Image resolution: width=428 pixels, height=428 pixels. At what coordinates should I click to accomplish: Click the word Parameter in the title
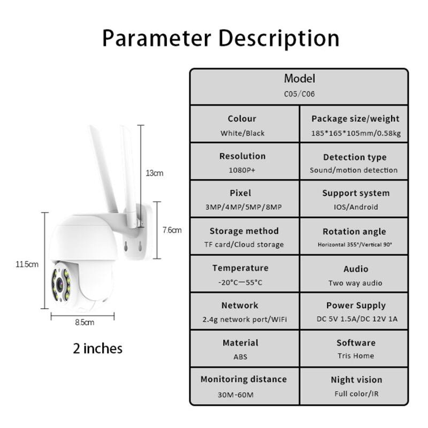(157, 38)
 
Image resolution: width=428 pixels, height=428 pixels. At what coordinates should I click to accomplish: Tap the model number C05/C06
(300, 94)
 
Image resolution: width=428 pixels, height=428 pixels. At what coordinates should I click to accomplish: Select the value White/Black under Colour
(242, 133)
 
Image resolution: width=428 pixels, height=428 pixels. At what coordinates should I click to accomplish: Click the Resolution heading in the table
(242, 156)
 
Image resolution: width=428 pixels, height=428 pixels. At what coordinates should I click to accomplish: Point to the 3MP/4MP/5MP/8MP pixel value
(243, 207)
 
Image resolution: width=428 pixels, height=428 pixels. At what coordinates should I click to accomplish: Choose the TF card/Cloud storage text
(244, 244)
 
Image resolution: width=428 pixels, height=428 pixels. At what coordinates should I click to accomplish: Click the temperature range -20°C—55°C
(240, 282)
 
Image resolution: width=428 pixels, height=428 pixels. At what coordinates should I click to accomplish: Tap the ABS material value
(240, 357)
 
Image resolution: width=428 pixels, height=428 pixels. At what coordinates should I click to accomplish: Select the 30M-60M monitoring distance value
(235, 395)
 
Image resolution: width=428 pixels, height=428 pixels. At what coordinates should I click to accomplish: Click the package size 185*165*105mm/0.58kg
(356, 133)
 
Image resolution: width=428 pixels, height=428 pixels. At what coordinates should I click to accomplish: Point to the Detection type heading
(355, 157)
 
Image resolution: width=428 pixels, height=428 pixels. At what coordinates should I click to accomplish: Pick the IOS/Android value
(356, 207)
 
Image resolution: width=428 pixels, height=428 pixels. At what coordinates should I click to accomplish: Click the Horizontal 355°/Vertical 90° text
(355, 244)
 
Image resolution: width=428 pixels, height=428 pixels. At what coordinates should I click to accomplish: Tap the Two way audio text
(355, 283)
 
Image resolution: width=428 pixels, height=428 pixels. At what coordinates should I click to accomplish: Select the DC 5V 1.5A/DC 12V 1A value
(357, 319)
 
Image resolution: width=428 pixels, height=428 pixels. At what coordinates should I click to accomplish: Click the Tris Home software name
(356, 356)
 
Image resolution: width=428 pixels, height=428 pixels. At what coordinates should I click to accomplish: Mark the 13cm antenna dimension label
(155, 173)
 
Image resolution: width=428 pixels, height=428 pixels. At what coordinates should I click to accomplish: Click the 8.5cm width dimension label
(85, 323)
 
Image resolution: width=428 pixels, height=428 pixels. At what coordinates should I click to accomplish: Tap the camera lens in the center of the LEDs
(60, 285)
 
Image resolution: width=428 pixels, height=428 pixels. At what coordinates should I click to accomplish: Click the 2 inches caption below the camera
(98, 349)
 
